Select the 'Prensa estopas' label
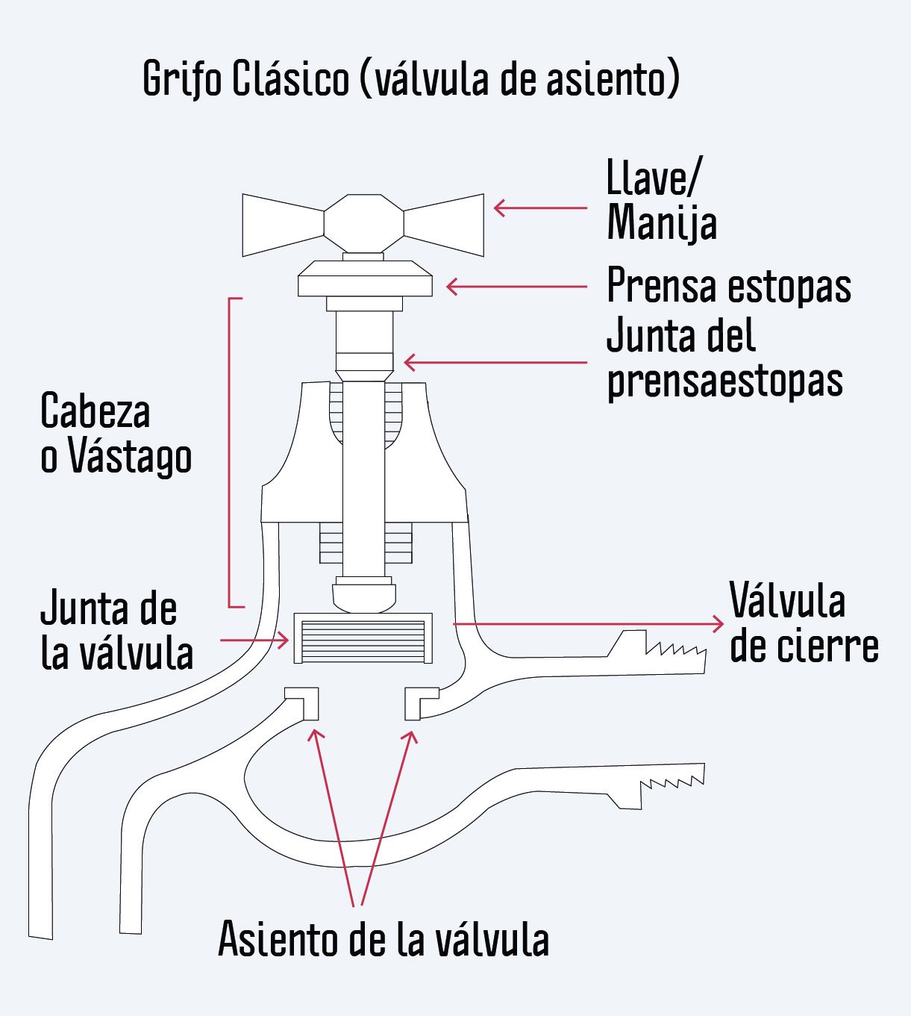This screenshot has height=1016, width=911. tap(729, 287)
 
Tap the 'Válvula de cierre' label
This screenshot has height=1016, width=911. tap(804, 623)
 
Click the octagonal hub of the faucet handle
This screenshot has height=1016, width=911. tap(363, 224)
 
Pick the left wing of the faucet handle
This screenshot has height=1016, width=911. tap(283, 225)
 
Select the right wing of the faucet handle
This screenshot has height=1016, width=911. tap(444, 225)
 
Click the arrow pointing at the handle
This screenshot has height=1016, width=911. tap(540, 208)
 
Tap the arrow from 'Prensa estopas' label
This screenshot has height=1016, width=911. tap(517, 287)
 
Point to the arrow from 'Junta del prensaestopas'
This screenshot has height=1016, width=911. tap(495, 362)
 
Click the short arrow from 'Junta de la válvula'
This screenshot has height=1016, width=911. tap(254, 641)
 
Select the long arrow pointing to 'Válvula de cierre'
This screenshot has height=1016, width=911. tap(589, 624)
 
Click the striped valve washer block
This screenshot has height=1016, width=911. tap(363, 638)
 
